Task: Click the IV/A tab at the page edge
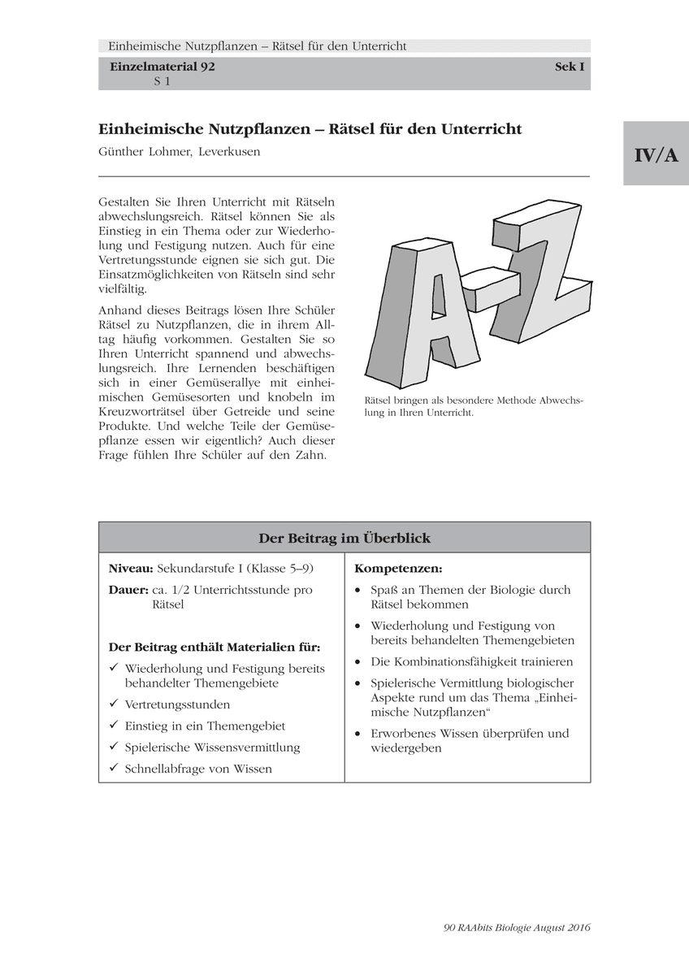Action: (656, 154)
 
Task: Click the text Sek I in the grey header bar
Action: (570, 67)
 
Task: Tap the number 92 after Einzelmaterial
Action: (206, 67)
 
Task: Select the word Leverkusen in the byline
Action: (230, 152)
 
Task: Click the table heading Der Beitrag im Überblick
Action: (344, 538)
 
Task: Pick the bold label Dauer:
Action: (128, 590)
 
